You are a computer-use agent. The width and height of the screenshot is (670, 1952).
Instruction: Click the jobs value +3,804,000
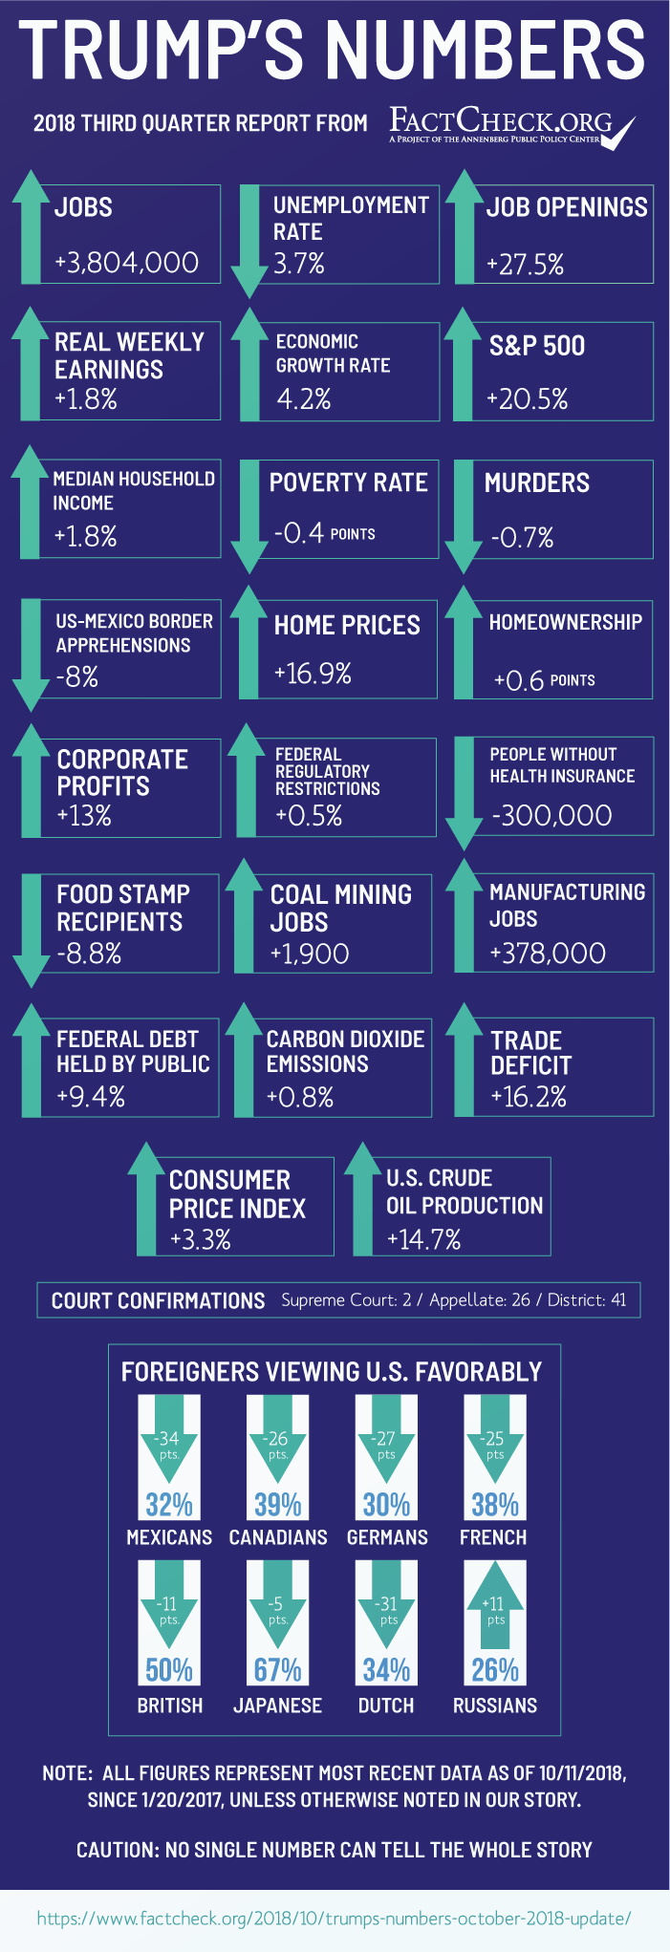126,263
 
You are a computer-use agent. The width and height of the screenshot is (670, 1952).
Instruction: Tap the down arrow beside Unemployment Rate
249,239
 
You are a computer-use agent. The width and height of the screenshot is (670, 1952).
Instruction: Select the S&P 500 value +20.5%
528,398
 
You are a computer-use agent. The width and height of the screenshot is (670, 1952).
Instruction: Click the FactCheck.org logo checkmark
618,132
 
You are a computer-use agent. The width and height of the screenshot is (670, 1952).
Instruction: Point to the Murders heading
537,483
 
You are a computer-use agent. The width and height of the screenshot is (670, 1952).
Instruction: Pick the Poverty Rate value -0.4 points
324,532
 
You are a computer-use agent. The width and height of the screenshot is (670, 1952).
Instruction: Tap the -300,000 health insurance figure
551,815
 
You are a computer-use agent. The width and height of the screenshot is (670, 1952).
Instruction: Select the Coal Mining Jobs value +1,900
310,954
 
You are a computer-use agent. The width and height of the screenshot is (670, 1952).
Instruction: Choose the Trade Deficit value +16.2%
529,1096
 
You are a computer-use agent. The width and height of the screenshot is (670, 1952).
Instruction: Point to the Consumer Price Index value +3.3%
201,1239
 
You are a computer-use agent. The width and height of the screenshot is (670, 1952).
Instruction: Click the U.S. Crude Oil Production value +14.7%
423,1239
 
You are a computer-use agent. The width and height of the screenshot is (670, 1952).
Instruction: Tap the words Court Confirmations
158,1300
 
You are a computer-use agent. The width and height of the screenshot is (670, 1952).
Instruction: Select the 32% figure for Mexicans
169,1505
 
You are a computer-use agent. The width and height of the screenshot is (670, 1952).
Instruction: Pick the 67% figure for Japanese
278,1670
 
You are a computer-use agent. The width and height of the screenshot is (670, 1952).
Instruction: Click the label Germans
387,1537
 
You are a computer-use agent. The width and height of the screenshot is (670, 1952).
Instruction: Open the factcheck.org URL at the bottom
335,1918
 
